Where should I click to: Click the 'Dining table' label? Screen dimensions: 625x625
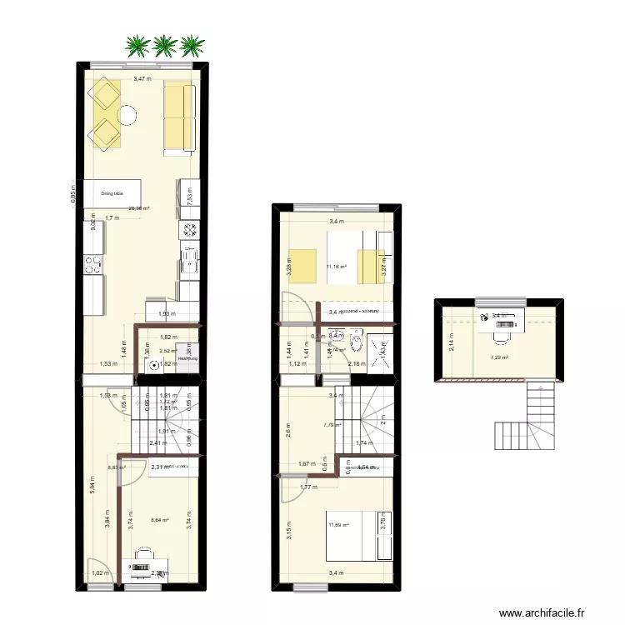pos(112,193)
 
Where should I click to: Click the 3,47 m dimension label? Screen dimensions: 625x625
pos(143,80)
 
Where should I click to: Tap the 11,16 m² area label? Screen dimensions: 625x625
pos(337,267)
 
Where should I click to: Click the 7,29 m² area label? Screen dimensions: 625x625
pos(499,358)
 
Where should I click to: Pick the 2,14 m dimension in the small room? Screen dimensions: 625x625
pos(451,342)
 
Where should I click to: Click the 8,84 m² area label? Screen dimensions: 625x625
pos(159,521)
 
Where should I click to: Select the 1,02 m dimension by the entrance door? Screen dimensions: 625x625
pos(99,573)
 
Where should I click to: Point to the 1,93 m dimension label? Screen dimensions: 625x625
pos(167,313)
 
